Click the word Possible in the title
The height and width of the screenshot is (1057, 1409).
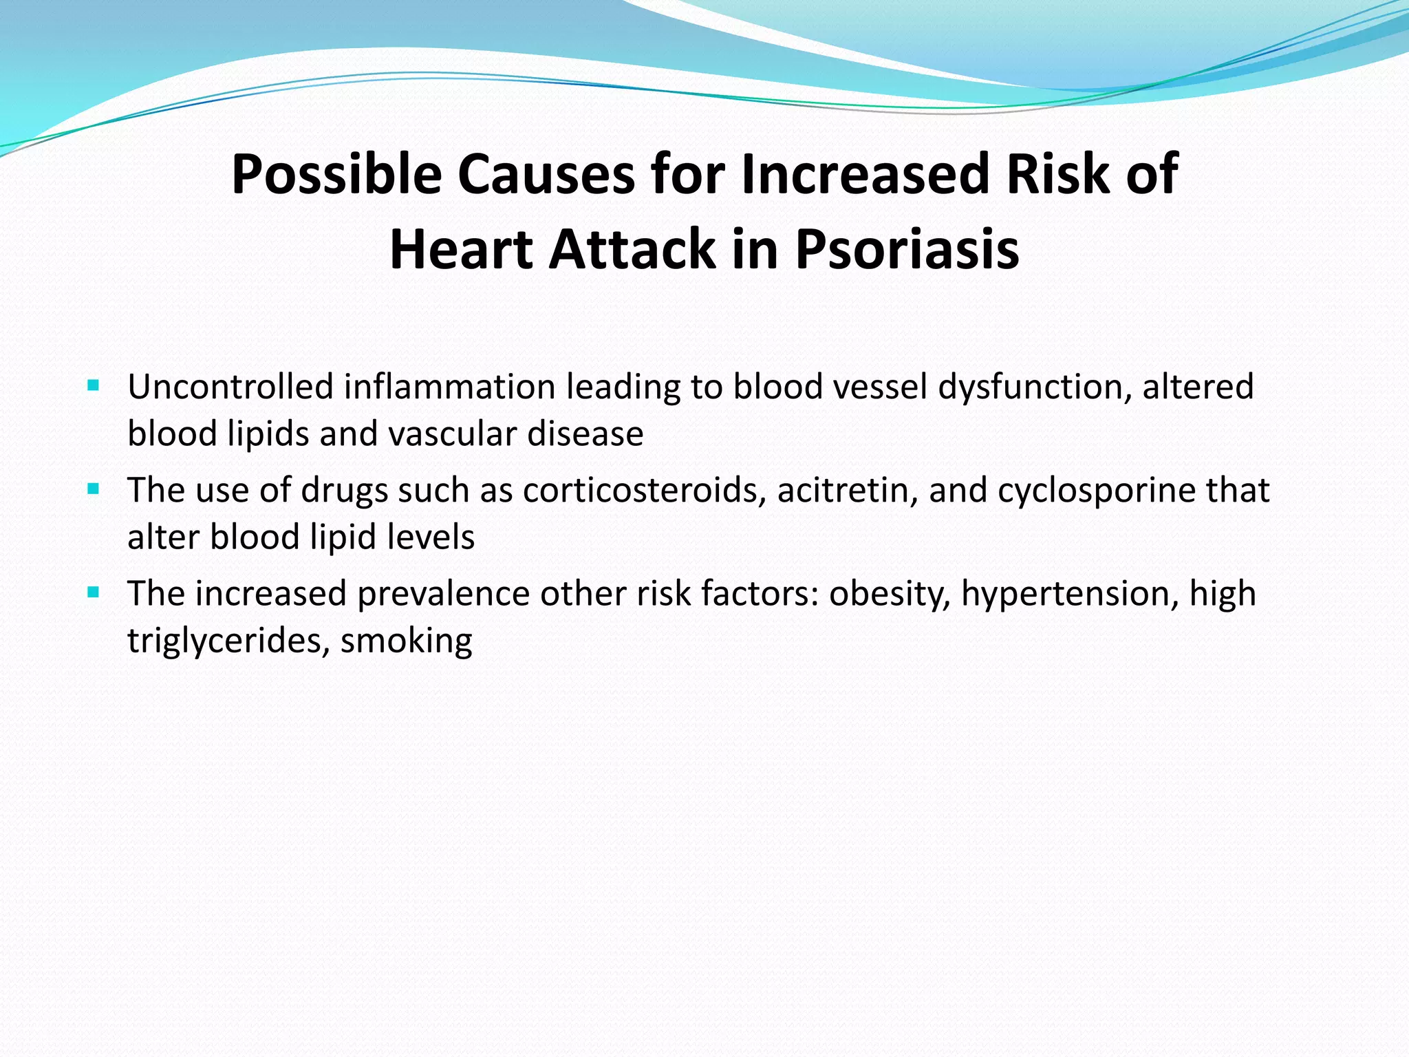[x=336, y=175]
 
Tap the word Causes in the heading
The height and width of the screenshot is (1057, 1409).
[x=546, y=175]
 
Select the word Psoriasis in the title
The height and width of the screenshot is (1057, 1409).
[x=907, y=249]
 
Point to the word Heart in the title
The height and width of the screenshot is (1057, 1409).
[x=460, y=249]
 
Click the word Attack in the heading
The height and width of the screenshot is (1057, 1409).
[x=632, y=249]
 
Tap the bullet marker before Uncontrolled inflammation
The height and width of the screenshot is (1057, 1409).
[x=94, y=385]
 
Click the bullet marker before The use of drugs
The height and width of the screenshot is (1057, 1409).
[x=94, y=489]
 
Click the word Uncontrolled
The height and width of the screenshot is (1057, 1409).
[x=230, y=387]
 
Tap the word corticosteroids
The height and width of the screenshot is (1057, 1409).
[x=644, y=491]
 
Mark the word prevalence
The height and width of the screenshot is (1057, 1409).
[x=443, y=594]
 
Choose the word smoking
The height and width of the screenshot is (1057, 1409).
[x=406, y=641]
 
